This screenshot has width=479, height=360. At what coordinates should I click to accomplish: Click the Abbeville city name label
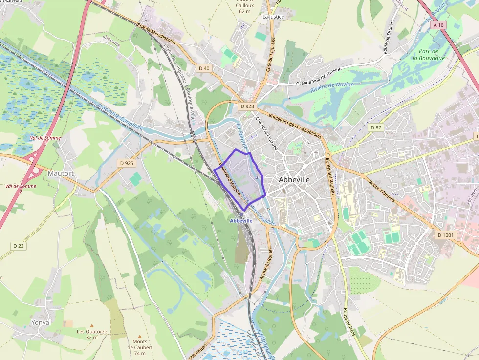point(294,180)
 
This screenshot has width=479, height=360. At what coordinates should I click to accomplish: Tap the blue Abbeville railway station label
point(241,221)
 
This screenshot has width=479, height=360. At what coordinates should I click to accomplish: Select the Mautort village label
point(61,173)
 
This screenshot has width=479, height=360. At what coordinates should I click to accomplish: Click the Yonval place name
point(41,323)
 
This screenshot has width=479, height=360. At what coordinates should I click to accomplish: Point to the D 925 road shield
point(126,163)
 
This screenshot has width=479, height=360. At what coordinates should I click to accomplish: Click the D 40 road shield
point(204,68)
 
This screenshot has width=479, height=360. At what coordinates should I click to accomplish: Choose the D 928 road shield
point(248,106)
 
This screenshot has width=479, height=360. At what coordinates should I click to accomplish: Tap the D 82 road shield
point(375,127)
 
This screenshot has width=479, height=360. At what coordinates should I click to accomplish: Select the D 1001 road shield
point(446,235)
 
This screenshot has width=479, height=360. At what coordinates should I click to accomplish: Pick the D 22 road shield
point(18,246)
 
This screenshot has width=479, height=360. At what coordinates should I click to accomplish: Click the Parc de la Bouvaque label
point(428,54)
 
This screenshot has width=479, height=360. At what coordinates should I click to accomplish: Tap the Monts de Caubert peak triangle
point(140,336)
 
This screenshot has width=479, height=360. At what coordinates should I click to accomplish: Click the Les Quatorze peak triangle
point(91,325)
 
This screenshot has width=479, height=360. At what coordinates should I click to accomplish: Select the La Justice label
point(273,17)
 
